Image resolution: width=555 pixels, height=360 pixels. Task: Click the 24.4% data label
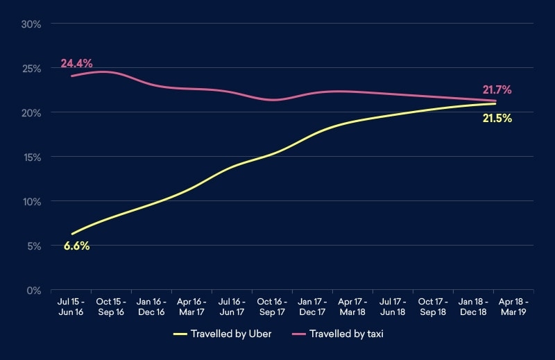(76, 63)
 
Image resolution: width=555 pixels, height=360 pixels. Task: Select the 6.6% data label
(76, 246)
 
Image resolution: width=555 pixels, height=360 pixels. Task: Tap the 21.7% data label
(497, 89)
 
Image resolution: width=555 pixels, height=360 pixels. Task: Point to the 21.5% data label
(497, 119)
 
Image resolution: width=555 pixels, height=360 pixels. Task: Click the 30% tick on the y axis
(32, 24)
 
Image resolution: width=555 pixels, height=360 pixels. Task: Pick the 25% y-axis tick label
(32, 69)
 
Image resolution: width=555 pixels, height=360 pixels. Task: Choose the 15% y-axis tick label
(32, 157)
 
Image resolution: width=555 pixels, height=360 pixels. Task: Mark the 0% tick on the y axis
(34, 290)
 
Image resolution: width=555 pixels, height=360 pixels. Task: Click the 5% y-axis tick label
(34, 246)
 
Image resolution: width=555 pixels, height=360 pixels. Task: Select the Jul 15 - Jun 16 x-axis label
(71, 307)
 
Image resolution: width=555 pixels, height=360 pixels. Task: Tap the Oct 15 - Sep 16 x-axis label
(112, 307)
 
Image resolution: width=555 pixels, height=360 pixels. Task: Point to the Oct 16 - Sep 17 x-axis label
(272, 307)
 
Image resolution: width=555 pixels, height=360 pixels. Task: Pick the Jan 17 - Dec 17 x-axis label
(312, 307)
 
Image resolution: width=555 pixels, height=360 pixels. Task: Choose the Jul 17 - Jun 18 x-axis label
(393, 307)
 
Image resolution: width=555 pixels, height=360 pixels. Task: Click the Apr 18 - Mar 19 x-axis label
(513, 307)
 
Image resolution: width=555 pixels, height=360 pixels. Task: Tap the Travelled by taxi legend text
(346, 334)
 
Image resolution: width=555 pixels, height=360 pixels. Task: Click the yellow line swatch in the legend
(180, 334)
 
